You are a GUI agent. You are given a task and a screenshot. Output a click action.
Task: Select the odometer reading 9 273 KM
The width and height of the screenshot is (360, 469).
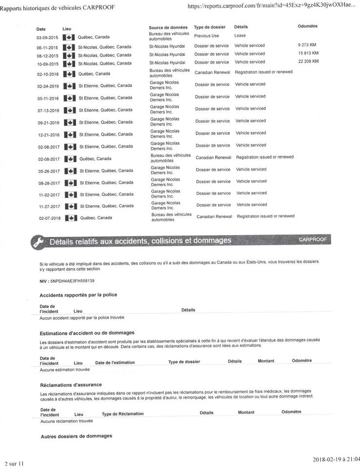tap(308, 45)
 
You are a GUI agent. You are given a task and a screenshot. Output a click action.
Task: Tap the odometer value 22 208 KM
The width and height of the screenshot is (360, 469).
tap(308, 61)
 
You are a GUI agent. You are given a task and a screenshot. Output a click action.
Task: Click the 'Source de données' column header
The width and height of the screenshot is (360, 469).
tap(168, 27)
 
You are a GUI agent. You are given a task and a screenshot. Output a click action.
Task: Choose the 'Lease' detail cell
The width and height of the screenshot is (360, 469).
tap(240, 36)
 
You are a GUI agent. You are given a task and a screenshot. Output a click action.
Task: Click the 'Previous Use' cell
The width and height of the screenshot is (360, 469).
tap(207, 36)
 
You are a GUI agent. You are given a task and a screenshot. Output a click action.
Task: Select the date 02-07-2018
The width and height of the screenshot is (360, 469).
tap(49, 218)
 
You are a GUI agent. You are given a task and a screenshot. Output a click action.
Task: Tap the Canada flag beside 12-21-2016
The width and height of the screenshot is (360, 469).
tap(70, 134)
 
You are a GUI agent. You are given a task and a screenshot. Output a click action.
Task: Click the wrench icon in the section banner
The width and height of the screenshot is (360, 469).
tap(37, 242)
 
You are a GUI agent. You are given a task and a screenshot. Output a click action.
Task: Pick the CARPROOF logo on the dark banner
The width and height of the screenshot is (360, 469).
tap(312, 239)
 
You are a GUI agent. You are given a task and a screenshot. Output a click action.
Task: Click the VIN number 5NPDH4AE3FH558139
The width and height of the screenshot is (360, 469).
tap(72, 281)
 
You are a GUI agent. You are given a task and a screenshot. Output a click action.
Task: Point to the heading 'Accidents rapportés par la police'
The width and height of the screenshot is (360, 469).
tap(78, 295)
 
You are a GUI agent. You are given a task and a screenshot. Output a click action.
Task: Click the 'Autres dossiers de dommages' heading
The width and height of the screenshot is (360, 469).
tap(76, 436)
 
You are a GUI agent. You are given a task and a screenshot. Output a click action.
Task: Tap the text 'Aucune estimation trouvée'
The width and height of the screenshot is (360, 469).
tap(65, 369)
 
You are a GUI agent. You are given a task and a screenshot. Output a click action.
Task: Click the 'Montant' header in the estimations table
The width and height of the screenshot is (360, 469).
tap(266, 361)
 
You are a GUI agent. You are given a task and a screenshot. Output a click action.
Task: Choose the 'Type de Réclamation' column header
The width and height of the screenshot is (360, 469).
tap(123, 414)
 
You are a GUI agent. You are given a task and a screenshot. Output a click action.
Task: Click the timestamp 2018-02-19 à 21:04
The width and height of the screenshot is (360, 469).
tap(337, 459)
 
